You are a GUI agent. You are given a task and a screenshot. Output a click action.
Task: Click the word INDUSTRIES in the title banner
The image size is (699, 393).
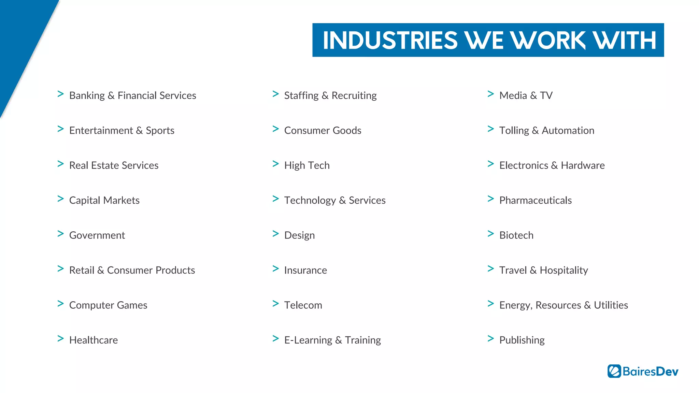click(x=390, y=40)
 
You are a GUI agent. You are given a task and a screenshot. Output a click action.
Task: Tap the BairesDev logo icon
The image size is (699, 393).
click(x=614, y=371)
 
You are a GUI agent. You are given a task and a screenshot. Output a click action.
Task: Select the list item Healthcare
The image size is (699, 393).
click(x=94, y=340)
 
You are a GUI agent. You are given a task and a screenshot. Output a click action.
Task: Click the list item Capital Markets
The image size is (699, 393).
click(x=104, y=200)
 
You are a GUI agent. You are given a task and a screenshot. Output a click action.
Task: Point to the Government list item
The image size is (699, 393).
click(x=97, y=235)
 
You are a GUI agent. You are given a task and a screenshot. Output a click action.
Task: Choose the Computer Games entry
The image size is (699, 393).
click(x=108, y=305)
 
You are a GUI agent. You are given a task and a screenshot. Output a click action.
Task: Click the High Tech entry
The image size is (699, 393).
click(x=307, y=165)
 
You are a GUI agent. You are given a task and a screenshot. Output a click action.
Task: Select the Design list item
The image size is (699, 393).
click(x=299, y=235)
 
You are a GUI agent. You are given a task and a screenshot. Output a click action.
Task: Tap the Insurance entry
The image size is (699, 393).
click(x=305, y=270)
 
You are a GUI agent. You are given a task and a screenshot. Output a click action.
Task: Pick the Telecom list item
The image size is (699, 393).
click(x=303, y=305)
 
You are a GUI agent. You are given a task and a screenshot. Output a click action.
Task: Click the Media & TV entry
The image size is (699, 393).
click(x=526, y=96)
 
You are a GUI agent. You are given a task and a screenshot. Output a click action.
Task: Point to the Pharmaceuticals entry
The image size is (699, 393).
click(x=535, y=200)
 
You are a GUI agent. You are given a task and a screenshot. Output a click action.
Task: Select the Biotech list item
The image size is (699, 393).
click(x=516, y=235)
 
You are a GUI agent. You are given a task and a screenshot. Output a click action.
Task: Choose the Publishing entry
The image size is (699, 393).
click(x=522, y=340)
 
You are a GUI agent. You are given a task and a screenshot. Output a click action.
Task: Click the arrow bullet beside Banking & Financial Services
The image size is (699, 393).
click(x=61, y=94)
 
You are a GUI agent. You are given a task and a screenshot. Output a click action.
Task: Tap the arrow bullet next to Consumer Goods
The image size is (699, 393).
click(x=276, y=129)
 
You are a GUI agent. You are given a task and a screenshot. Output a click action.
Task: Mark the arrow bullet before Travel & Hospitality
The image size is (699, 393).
click(x=491, y=269)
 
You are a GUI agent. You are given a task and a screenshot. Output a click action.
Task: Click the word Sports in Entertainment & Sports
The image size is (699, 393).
click(x=160, y=131)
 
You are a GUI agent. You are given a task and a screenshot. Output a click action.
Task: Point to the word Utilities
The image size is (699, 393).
click(x=611, y=305)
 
